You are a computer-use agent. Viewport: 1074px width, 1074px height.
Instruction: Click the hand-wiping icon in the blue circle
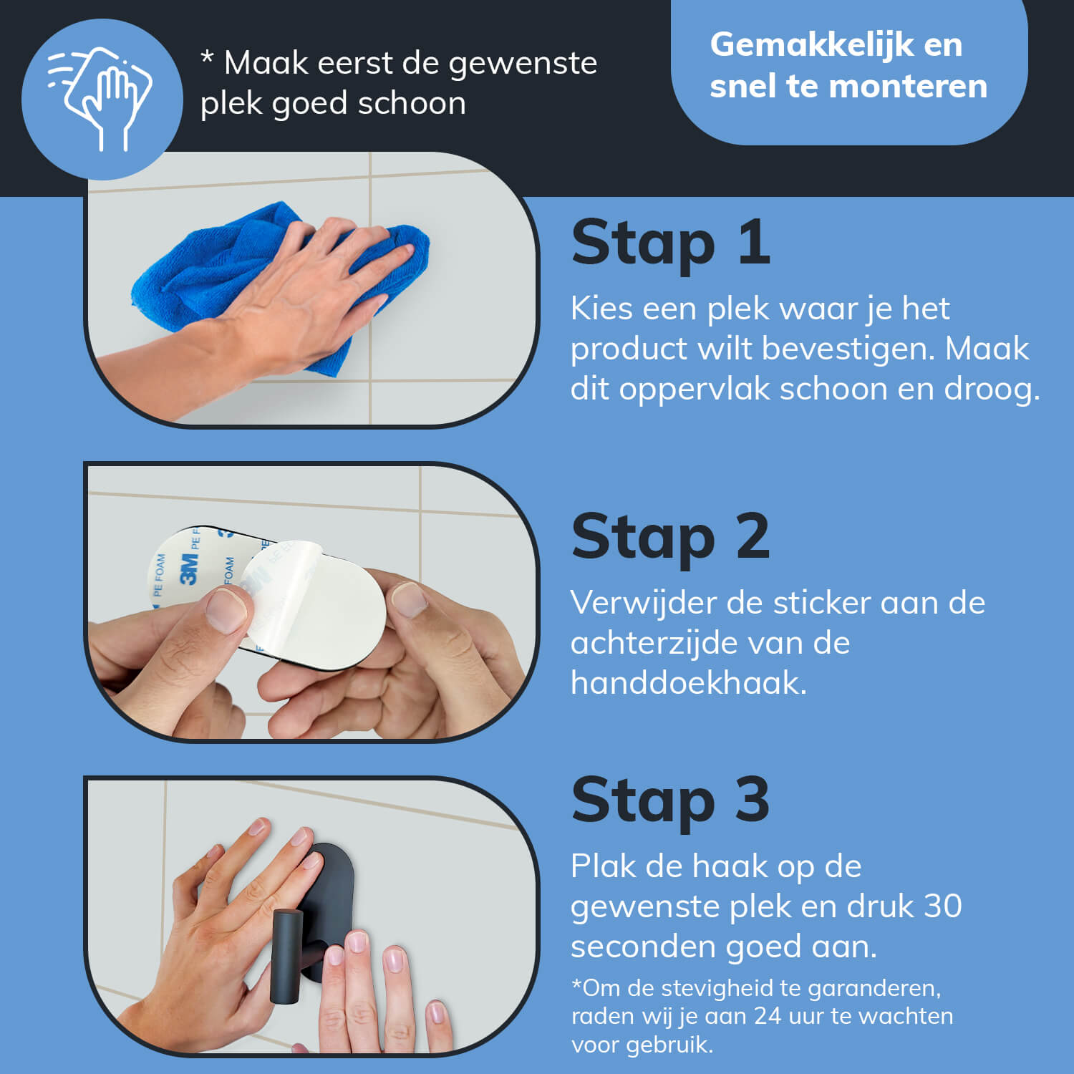[100, 99]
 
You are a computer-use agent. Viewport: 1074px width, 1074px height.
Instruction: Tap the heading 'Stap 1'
[670, 243]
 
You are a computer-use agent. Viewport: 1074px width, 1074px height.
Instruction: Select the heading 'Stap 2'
[670, 537]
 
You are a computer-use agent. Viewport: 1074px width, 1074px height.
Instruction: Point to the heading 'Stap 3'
[670, 800]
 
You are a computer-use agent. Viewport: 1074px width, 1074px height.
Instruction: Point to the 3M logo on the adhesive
[188, 569]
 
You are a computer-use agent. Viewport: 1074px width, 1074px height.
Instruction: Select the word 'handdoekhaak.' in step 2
[688, 683]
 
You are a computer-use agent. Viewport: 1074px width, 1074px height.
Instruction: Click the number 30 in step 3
[942, 906]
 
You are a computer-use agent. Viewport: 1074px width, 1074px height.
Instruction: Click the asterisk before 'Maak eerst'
[207, 59]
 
